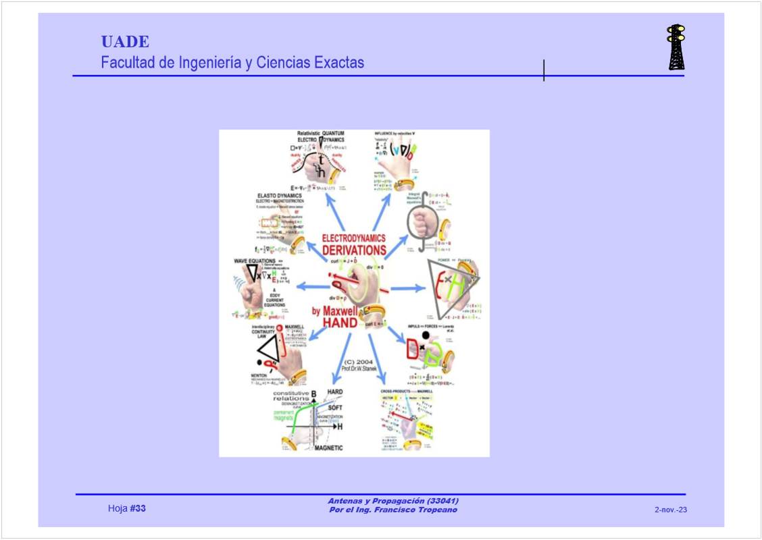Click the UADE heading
coord(125,42)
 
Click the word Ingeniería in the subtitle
coord(209,63)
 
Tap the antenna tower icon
coord(676,48)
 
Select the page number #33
coord(137,508)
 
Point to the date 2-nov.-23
coord(670,510)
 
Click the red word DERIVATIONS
coord(354,250)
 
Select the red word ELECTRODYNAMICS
coord(354,238)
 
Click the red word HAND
coord(340,324)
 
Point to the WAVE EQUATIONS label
coord(255,261)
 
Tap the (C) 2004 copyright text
coord(358,361)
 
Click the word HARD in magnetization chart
coord(335,391)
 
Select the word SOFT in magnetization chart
coord(335,408)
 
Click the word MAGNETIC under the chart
coord(329,448)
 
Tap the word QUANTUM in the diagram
coord(333,133)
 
